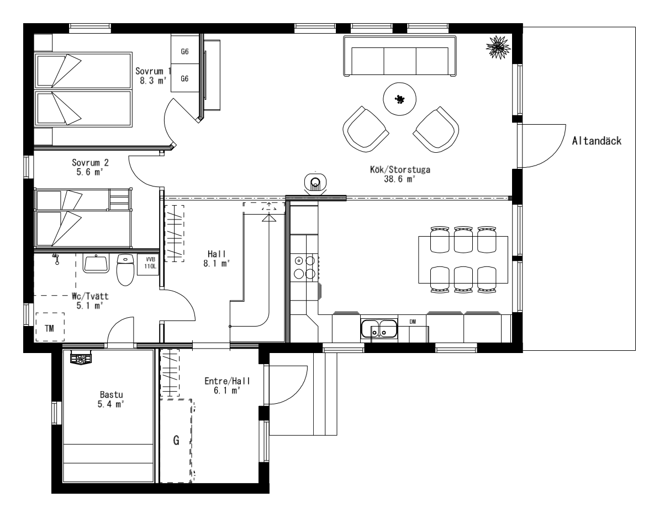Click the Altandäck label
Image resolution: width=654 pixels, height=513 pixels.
[597, 141]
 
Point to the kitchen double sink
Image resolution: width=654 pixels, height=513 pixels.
[379, 329]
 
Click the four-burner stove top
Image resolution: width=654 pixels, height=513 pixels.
[304, 267]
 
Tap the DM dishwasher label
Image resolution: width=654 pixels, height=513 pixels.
[413, 322]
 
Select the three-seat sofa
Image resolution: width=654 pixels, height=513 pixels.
[399, 56]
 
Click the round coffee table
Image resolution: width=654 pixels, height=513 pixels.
[399, 99]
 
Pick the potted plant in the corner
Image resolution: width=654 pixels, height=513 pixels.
[498, 46]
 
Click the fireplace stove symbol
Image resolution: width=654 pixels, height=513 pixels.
[315, 183]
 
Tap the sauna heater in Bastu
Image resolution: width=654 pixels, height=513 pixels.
[81, 357]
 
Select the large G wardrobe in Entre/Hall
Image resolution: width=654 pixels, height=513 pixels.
[177, 441]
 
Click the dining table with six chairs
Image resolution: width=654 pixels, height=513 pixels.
[463, 259]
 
